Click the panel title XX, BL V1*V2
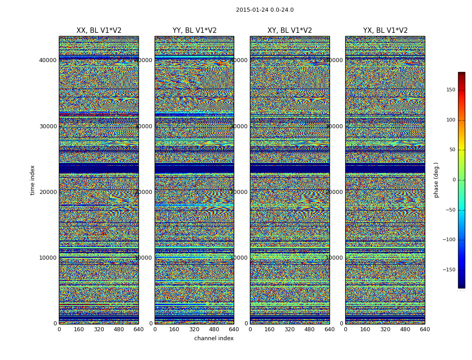[99, 31]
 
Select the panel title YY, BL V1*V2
[194, 31]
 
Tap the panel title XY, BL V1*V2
[289, 31]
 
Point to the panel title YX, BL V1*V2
[385, 31]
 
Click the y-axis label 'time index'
[32, 180]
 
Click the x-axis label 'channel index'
[214, 338]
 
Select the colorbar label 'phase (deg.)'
[436, 180]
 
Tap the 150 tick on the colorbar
[450, 90]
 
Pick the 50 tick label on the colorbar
[452, 150]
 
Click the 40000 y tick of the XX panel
[48, 60]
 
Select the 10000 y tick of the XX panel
[48, 258]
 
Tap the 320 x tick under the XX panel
[99, 329]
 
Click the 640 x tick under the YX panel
[425, 329]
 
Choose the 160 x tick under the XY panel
[270, 329]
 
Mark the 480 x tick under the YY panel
[214, 329]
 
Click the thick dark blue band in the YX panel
[385, 168]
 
